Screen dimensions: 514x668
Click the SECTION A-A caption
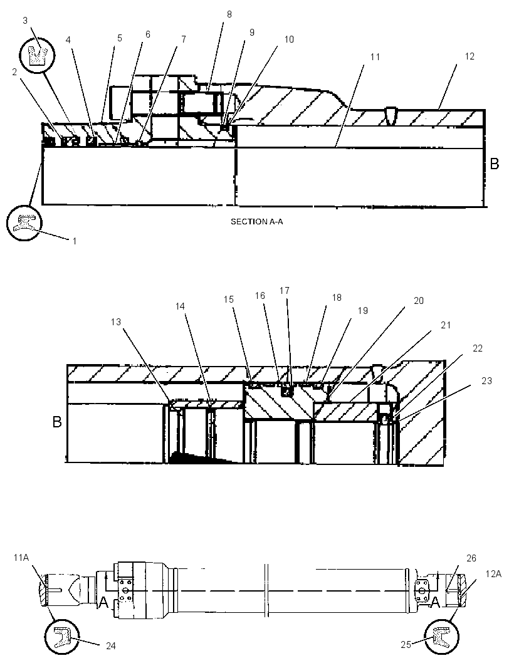pos(256,222)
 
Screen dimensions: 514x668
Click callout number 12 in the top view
pos(469,56)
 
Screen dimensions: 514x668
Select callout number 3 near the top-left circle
pos(25,21)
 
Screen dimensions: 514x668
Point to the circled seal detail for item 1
pos(24,223)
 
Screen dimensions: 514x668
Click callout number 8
pos(229,14)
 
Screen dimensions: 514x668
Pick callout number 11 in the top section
pos(375,57)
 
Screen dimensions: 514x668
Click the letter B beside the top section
pos(495,164)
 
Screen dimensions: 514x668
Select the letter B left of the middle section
pos(57,422)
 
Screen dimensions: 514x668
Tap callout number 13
pos(116,322)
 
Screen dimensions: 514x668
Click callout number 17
pos(285,291)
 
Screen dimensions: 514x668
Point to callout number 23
pos(486,381)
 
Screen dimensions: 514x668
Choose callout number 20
pos(419,301)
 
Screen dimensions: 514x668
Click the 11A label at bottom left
pos(21,557)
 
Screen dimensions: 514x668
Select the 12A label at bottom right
pos(493,574)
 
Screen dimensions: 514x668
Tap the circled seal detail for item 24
pos(62,637)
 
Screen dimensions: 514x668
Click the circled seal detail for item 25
pos(442,637)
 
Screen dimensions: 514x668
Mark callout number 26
pos(471,558)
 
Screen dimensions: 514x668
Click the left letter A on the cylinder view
pos(103,602)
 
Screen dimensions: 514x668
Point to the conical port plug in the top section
pos(391,115)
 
